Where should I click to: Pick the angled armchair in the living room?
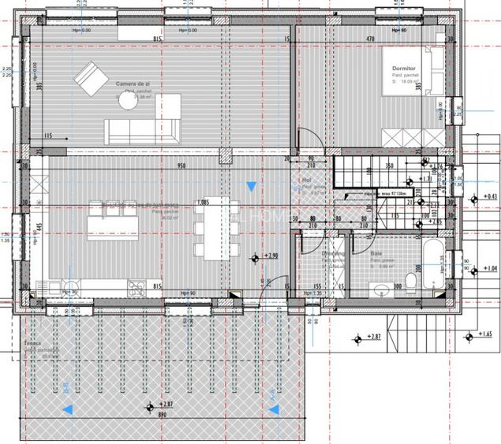[x=92, y=77]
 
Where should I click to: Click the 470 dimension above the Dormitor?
[x=369, y=38]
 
